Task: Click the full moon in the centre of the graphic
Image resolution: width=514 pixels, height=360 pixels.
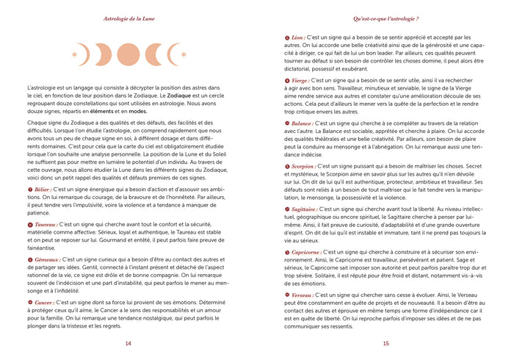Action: [128, 54]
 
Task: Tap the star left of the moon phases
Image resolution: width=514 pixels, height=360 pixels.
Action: [74, 54]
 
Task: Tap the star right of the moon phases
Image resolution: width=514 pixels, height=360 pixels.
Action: [183, 54]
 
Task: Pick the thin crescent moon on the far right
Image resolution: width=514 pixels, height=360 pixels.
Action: [171, 54]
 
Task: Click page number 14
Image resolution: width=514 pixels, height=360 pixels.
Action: [128, 343]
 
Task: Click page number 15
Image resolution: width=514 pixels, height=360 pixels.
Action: [385, 343]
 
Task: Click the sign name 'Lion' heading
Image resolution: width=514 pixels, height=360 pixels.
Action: [298, 37]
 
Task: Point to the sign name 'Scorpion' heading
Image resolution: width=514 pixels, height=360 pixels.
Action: [303, 166]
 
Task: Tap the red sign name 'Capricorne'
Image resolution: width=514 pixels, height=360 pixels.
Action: [307, 252]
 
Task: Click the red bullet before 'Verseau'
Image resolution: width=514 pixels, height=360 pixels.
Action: [286, 295]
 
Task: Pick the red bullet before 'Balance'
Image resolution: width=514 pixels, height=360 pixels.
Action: [286, 123]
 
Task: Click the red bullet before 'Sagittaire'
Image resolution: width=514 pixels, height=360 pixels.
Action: [286, 209]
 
